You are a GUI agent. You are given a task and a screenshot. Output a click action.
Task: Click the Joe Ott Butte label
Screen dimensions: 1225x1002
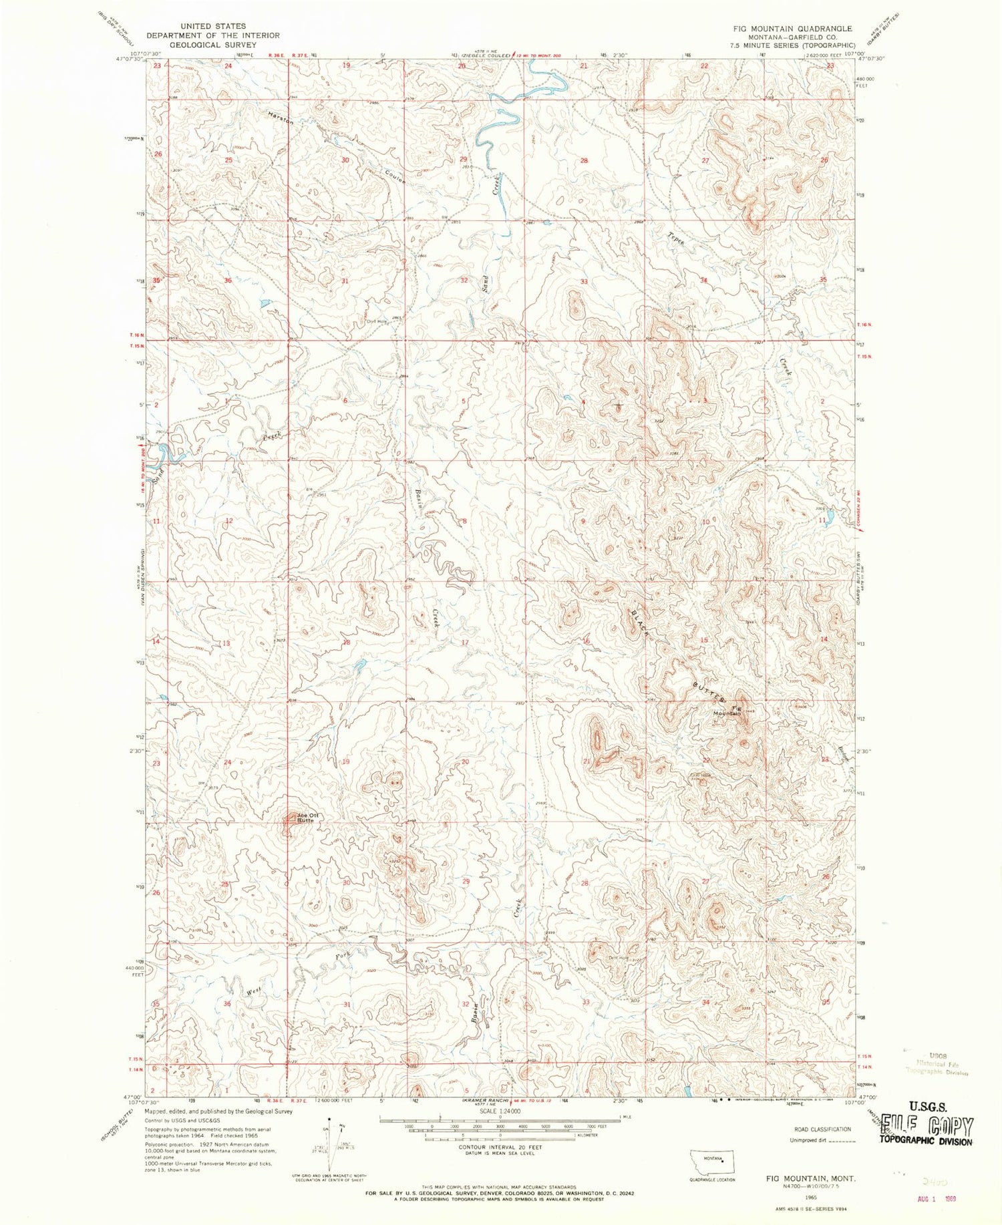click(x=305, y=818)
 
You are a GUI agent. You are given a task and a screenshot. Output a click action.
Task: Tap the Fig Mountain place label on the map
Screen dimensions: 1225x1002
click(x=728, y=711)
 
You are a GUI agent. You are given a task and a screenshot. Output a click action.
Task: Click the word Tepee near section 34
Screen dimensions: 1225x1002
click(x=676, y=239)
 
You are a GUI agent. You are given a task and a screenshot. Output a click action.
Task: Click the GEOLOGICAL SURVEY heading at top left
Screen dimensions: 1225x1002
click(x=213, y=44)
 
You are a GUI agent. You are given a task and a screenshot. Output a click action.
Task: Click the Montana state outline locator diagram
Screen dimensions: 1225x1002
click(x=713, y=1159)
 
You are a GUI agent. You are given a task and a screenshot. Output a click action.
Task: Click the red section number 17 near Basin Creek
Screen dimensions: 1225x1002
click(x=465, y=642)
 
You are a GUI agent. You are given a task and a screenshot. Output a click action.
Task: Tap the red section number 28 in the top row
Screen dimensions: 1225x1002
click(x=584, y=161)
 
